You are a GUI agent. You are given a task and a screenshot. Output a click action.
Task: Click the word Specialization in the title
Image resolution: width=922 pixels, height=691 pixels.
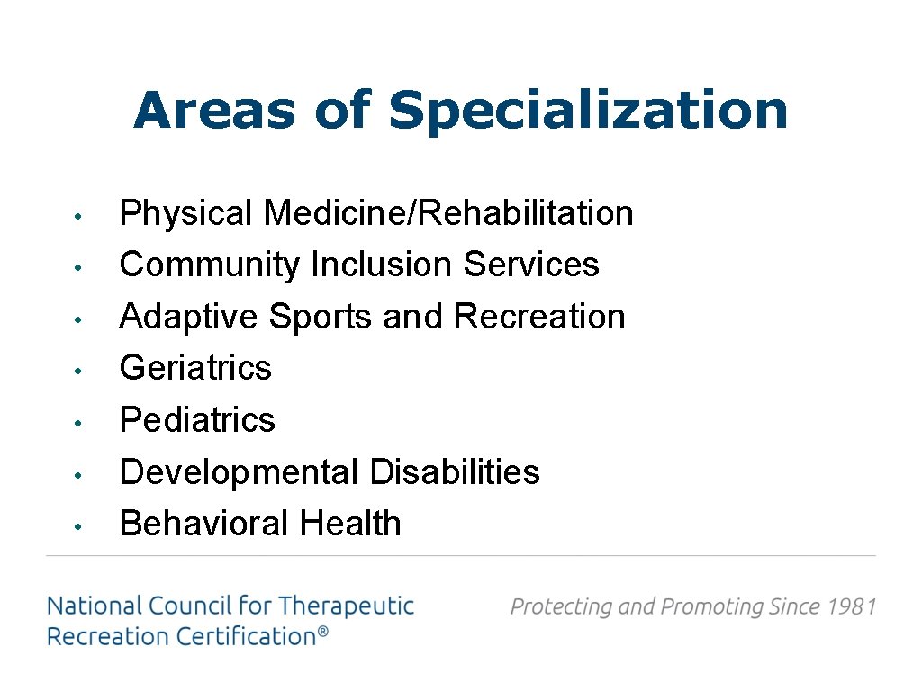[x=588, y=112]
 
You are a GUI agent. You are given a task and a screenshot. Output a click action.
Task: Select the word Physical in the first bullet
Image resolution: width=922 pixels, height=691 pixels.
[x=186, y=214]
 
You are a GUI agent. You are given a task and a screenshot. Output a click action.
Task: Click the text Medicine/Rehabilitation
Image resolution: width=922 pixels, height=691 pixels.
[x=448, y=214]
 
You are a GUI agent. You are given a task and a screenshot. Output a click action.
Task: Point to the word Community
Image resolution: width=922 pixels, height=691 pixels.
[x=209, y=265]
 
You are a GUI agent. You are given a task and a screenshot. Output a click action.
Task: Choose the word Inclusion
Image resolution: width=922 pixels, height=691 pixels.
[x=382, y=265]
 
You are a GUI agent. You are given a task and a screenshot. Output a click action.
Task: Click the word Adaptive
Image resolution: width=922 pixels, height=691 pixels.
[x=189, y=317]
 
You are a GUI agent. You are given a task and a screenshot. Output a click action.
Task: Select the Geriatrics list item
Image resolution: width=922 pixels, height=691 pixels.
[x=195, y=368]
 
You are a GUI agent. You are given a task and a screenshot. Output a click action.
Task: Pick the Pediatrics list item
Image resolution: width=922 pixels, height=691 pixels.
[x=197, y=420]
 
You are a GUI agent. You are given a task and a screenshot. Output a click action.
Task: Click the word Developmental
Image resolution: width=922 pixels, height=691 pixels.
[x=239, y=471]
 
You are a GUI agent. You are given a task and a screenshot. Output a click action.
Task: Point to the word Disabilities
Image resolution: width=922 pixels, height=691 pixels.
[x=455, y=471]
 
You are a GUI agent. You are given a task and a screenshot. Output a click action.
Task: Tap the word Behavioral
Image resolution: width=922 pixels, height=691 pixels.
[x=204, y=524]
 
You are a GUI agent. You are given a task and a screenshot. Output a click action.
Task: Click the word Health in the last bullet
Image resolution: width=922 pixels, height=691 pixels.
[x=350, y=524]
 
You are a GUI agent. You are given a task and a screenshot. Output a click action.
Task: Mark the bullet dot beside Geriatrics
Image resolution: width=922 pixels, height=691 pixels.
[x=79, y=370]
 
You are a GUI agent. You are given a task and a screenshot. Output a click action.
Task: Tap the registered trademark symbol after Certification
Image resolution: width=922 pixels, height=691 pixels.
[x=321, y=634]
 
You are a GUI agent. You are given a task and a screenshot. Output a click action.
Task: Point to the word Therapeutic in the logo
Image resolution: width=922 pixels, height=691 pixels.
[x=346, y=606]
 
